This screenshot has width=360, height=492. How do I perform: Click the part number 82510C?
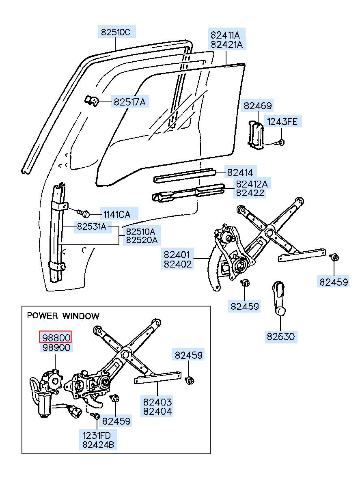click(x=116, y=32)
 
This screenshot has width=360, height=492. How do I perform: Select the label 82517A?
click(x=130, y=102)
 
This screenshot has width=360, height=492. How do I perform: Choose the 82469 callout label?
click(x=258, y=106)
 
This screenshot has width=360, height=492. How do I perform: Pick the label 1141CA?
click(x=117, y=214)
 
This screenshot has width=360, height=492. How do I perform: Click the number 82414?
click(x=240, y=173)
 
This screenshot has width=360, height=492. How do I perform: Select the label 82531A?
click(x=92, y=226)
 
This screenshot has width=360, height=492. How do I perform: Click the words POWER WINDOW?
click(x=63, y=316)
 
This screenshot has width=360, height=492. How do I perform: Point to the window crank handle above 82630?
click(x=279, y=299)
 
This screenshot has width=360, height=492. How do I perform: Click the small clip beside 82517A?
click(x=91, y=101)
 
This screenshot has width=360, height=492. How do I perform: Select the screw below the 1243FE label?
click(x=280, y=142)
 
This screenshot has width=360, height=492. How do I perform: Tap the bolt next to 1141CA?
click(x=83, y=213)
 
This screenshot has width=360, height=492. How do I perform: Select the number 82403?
click(x=157, y=402)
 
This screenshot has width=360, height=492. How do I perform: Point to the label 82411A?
click(x=225, y=35)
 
